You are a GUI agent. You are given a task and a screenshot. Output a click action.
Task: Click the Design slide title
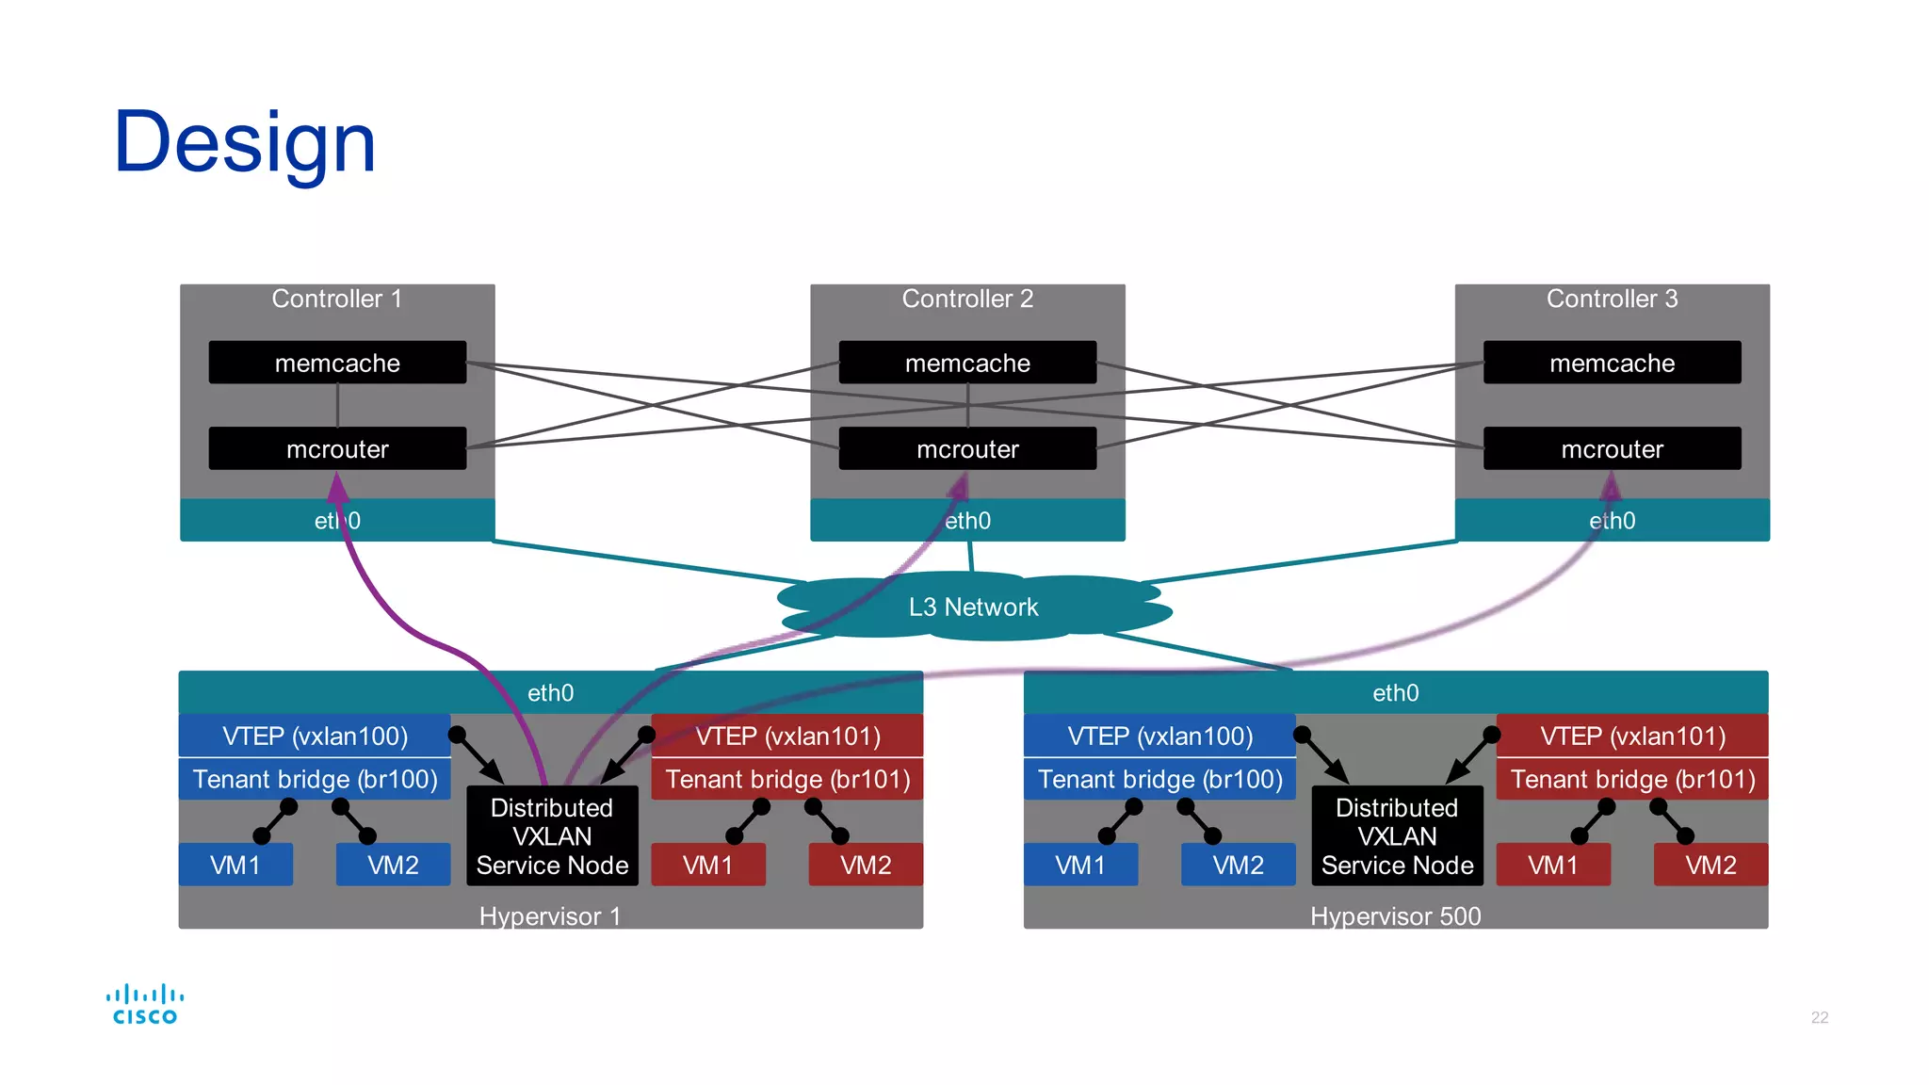point(245,143)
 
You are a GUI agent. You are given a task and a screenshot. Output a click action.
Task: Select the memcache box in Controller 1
point(337,363)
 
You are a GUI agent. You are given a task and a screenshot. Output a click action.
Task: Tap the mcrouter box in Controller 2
point(967,449)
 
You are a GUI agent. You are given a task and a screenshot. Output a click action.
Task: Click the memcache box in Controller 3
point(1612,363)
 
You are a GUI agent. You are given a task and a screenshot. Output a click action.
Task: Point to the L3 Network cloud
point(973,607)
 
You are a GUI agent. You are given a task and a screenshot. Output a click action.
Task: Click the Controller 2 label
point(967,300)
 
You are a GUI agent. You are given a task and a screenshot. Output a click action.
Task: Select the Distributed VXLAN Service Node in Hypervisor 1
point(552,836)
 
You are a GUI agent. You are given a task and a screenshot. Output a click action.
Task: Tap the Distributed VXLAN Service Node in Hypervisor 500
point(1397,836)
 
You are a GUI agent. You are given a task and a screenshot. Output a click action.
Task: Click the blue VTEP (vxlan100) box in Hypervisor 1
point(315,736)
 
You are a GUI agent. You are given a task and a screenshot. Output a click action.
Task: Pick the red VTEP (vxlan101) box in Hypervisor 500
point(1632,736)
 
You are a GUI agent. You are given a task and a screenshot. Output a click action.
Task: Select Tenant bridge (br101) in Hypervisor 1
point(787,779)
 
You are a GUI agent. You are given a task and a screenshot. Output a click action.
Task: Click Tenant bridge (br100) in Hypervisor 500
point(1159,779)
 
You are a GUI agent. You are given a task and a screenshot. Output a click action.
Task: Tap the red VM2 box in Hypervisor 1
point(866,865)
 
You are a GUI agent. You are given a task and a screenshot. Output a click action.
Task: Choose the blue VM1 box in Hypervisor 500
point(1080,865)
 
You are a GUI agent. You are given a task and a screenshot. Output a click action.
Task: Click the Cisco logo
point(144,1004)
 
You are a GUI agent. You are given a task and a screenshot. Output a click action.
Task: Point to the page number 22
point(1819,1017)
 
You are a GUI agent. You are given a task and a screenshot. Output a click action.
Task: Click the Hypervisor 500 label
point(1395,915)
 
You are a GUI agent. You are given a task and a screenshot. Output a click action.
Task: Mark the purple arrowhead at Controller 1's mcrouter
point(337,487)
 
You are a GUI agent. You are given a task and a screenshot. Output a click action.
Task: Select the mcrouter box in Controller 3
point(1612,449)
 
